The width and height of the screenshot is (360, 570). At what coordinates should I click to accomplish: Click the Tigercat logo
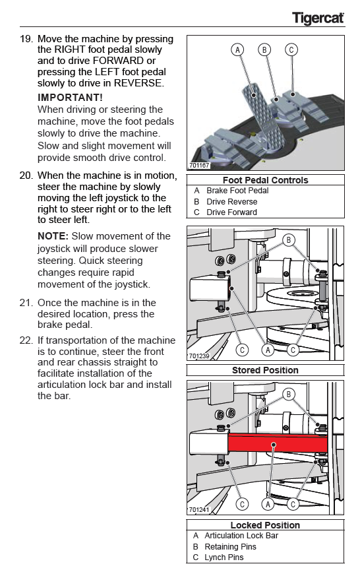pyautogui.click(x=318, y=18)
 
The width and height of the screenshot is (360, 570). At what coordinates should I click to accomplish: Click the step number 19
pyautogui.click(x=26, y=39)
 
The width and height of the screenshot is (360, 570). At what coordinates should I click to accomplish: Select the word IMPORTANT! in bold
pyautogui.click(x=70, y=98)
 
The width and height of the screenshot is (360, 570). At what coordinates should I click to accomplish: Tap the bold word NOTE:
pyautogui.click(x=53, y=236)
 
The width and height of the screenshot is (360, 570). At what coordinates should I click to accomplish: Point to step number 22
pyautogui.click(x=26, y=340)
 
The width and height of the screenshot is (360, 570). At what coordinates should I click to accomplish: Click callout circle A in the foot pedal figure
pyautogui.click(x=237, y=49)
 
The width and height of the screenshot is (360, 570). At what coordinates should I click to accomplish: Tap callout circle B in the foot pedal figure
pyautogui.click(x=264, y=49)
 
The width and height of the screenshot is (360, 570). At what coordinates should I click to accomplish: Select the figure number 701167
pyautogui.click(x=199, y=166)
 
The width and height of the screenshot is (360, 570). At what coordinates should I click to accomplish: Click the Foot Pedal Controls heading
pyautogui.click(x=266, y=180)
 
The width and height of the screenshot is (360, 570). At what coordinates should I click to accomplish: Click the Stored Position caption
pyautogui.click(x=265, y=370)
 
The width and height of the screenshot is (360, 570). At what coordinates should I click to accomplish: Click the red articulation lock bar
pyautogui.click(x=278, y=444)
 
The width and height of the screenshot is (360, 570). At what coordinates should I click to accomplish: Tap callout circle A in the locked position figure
pyautogui.click(x=268, y=504)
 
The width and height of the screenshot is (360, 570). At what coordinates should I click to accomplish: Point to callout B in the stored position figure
pyautogui.click(x=289, y=240)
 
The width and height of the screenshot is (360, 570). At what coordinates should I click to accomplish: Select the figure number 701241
pyautogui.click(x=199, y=510)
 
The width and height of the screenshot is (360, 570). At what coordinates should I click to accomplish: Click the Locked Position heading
pyautogui.click(x=265, y=525)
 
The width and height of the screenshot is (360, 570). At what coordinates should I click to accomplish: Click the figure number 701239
pyautogui.click(x=199, y=356)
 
